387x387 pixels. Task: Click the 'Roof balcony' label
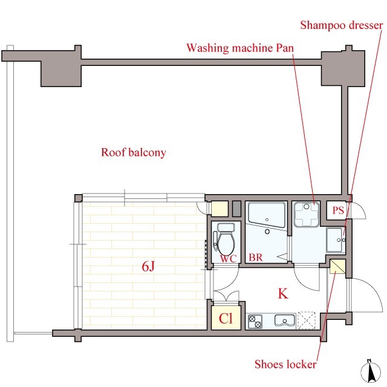(133, 152)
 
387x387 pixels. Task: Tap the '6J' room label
(148, 267)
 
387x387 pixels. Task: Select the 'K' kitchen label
(283, 294)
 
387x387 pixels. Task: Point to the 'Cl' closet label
(226, 319)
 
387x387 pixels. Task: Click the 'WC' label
(229, 259)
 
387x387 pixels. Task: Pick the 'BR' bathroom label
(255, 258)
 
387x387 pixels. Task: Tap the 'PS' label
(338, 210)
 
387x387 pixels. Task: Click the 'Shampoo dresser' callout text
(341, 25)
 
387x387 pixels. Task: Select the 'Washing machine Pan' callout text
(240, 48)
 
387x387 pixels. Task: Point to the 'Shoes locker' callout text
(285, 364)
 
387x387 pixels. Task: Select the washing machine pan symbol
(307, 215)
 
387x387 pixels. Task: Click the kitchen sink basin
(285, 320)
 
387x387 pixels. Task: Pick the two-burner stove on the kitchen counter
(255, 322)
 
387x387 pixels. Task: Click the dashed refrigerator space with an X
(307, 320)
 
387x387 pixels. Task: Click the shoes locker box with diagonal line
(337, 267)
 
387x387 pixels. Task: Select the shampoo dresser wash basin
(336, 240)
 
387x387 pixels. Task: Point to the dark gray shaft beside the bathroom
(236, 209)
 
